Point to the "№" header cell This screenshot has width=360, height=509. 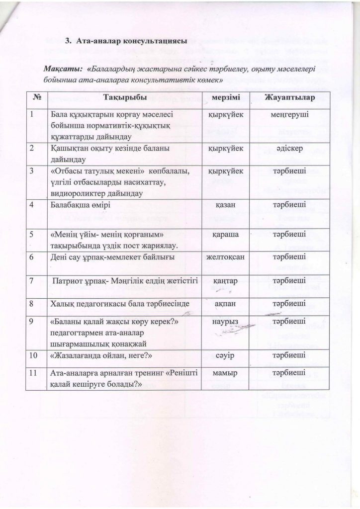[x=36, y=96]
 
